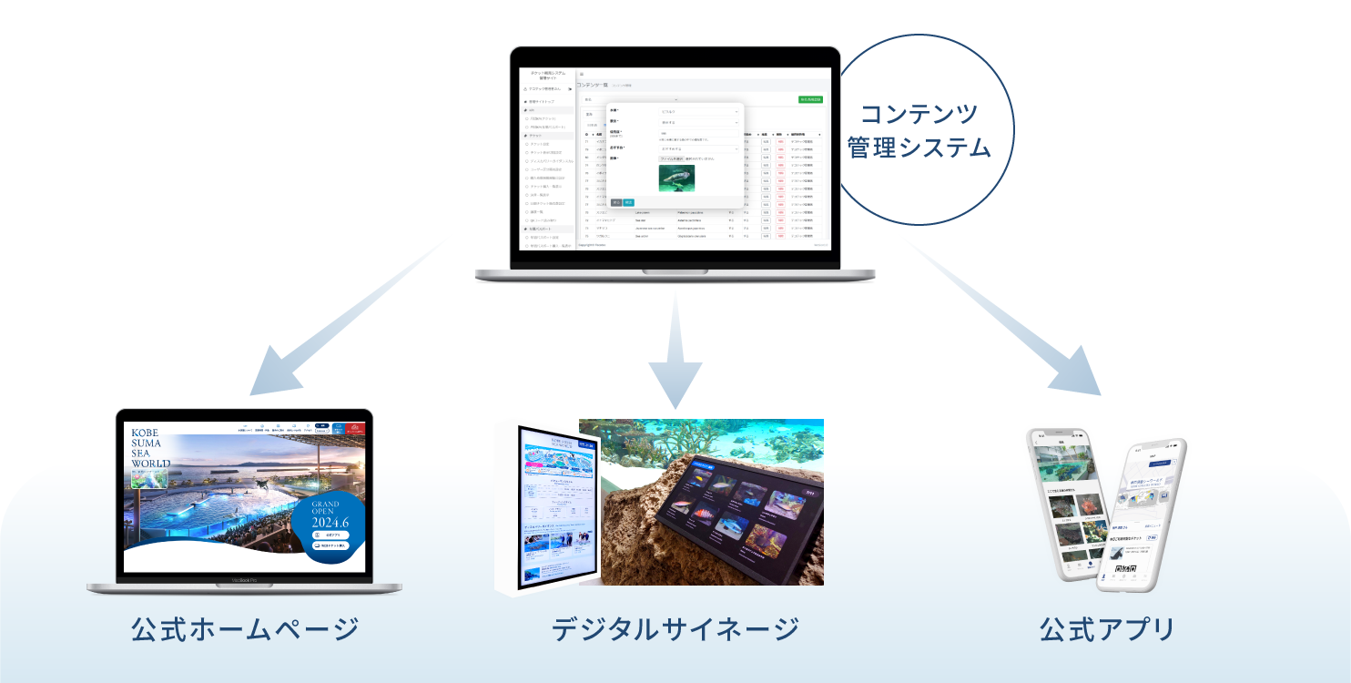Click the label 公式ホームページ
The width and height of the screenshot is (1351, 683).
(245, 629)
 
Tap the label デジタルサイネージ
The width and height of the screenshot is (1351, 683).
(675, 629)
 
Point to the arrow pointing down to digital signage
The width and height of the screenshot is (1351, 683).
(675, 355)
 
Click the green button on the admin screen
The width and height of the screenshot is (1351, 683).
(809, 98)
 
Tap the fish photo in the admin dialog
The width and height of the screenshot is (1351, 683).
(676, 178)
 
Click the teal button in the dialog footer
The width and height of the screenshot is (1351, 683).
(628, 202)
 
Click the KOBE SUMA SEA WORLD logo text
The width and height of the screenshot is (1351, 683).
(150, 449)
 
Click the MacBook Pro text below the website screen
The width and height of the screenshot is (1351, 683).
(244, 580)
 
